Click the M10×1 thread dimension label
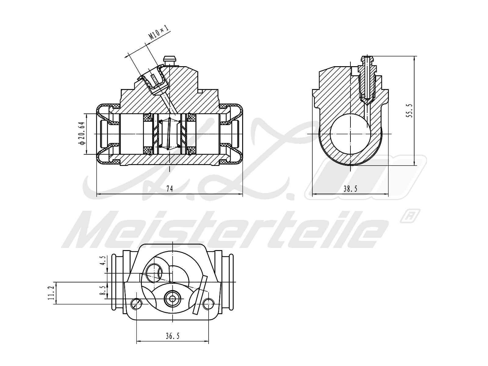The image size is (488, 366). tap(159, 32)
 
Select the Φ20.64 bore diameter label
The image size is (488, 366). tap(81, 134)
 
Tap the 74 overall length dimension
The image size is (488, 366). tap(170, 189)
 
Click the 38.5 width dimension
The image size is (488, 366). tap(350, 189)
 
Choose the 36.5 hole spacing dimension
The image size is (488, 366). tap(173, 336)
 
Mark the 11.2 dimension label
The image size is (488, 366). tap(51, 293)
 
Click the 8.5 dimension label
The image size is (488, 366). tap(104, 290)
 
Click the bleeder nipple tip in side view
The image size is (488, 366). tap(366, 59)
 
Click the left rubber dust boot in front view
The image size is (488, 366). tap(104, 134)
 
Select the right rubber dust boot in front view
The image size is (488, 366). tap(235, 134)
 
